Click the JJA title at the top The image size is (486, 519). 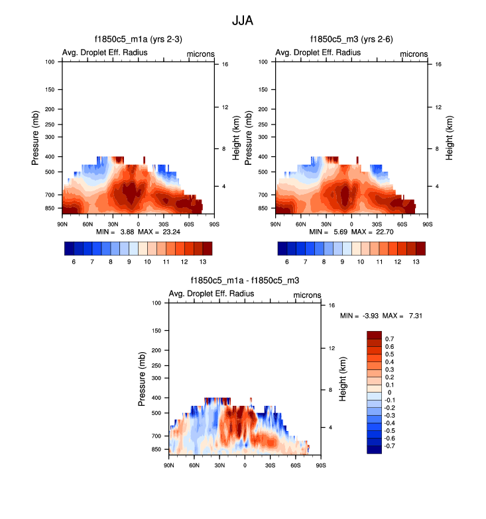pos(243,21)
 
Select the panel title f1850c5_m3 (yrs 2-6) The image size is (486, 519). pos(351,40)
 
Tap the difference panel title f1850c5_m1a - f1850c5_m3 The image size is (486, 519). pos(244,281)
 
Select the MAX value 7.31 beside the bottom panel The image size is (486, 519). pos(414,316)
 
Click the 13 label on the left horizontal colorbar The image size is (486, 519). pos(203,263)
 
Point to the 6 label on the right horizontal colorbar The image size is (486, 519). pos(288,263)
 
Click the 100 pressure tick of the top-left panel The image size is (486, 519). pos(50,62)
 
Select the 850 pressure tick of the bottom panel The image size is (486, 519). pos(156,449)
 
